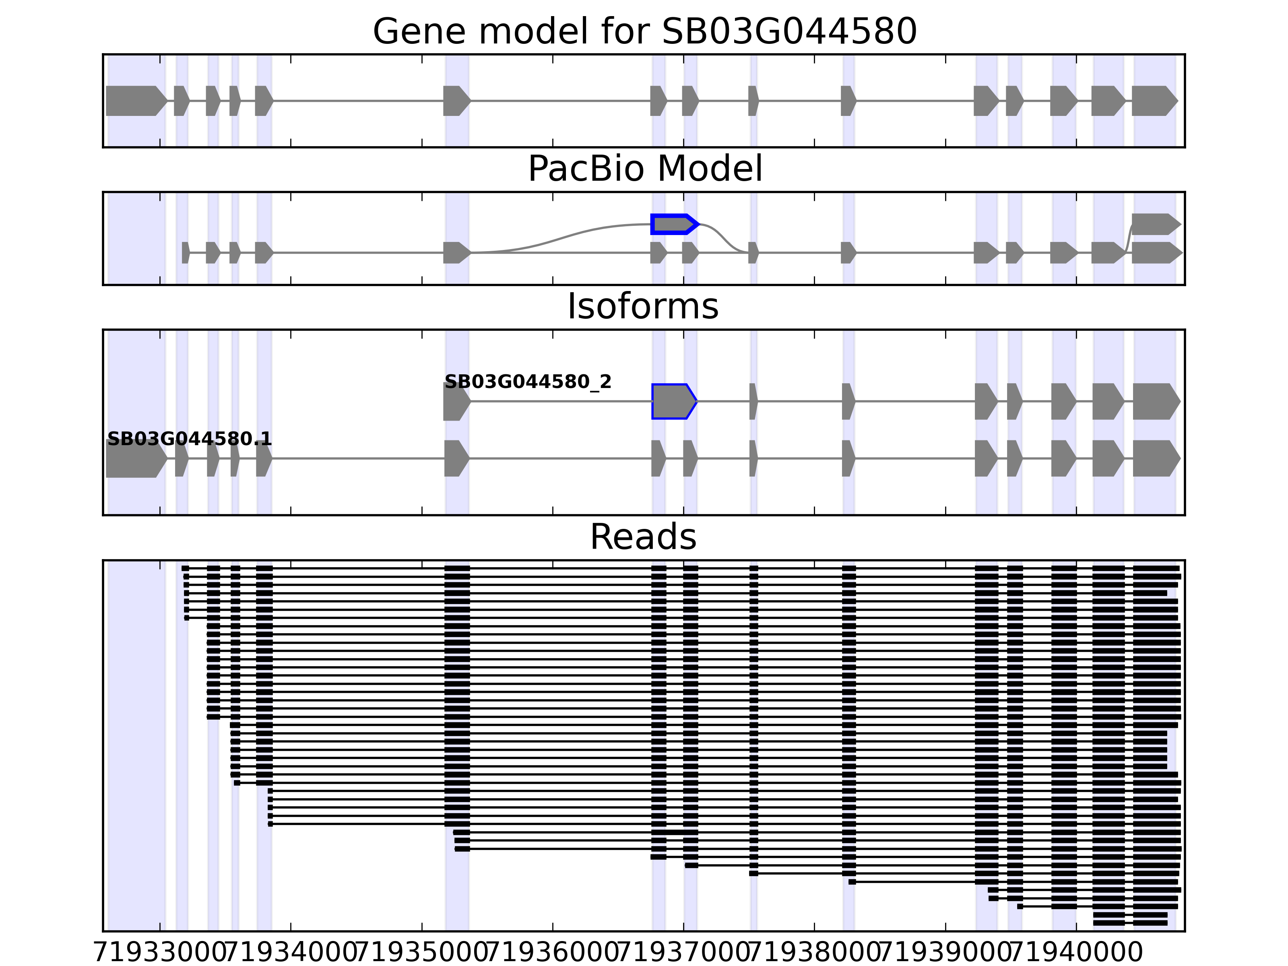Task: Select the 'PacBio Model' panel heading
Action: (x=644, y=169)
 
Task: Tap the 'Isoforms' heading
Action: (x=643, y=306)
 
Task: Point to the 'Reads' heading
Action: (x=643, y=537)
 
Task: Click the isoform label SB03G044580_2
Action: (x=528, y=382)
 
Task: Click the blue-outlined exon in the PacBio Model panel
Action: (x=673, y=224)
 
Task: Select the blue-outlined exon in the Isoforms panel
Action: (x=673, y=401)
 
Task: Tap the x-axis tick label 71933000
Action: (x=159, y=953)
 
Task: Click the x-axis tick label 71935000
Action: (x=421, y=953)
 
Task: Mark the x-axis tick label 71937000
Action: (x=683, y=953)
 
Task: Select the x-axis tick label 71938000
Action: (x=814, y=953)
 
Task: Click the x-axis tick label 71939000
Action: (x=945, y=953)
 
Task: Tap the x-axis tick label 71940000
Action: (x=1076, y=953)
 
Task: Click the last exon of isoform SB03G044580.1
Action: (x=1155, y=458)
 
